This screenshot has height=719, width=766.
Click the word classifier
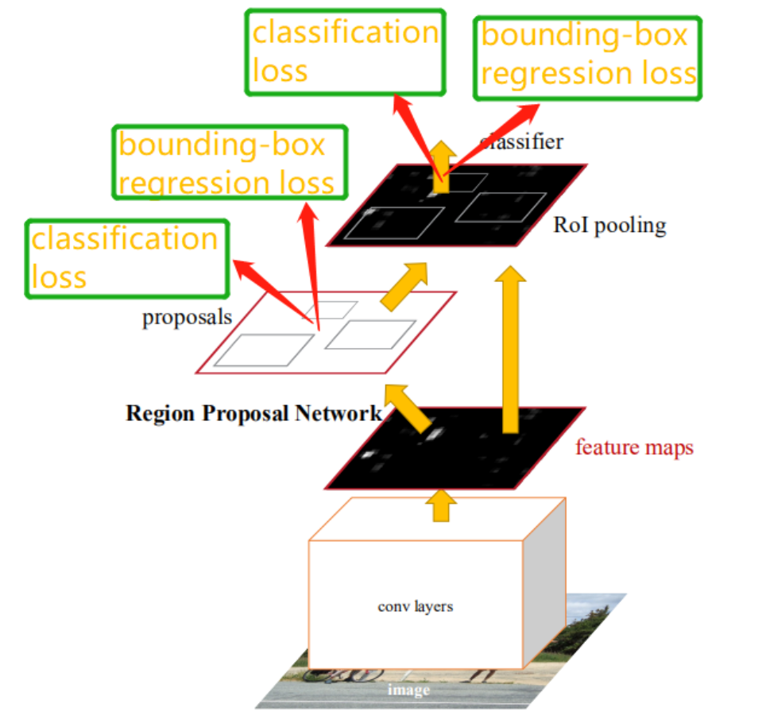522,142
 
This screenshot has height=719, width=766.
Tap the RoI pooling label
609,226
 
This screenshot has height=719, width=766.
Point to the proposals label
187,318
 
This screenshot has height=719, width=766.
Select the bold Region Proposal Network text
253,414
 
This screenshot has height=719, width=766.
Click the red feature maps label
634,447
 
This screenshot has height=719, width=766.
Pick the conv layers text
415,606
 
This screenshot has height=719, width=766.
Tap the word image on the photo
408,690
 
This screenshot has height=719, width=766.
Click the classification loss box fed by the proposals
127,258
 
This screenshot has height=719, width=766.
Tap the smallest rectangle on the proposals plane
338,309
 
